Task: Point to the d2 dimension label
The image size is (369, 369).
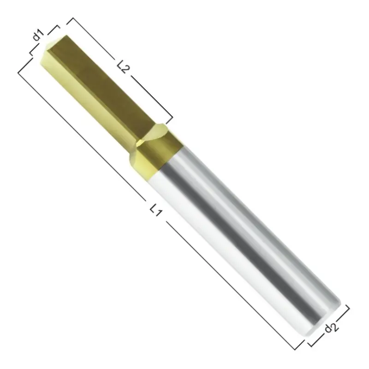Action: point(331,327)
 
